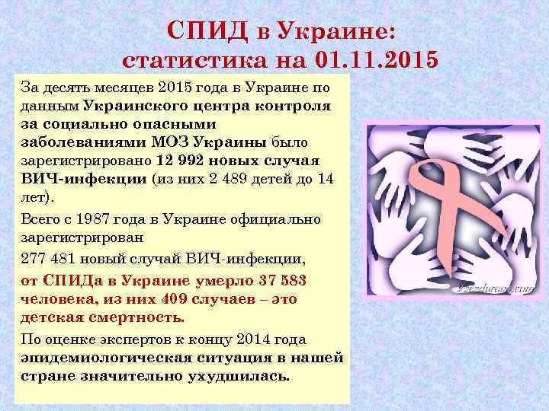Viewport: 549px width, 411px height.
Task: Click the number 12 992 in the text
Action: click(180, 161)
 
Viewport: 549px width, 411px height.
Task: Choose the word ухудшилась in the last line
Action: click(245, 376)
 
